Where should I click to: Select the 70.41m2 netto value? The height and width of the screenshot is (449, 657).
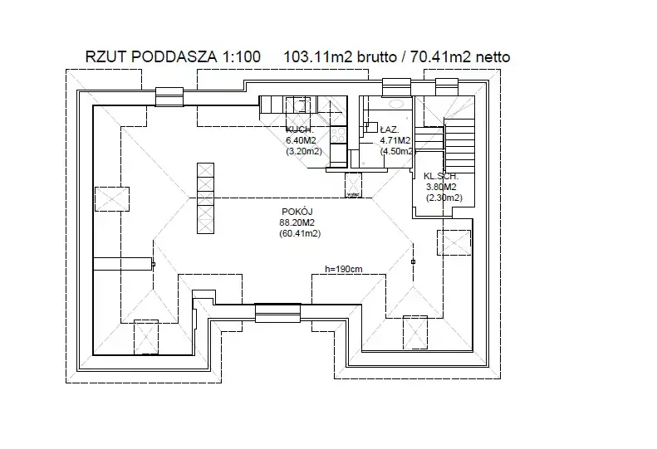click(x=456, y=57)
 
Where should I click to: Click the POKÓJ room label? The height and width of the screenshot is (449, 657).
click(x=297, y=212)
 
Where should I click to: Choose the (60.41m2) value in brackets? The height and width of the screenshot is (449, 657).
click(x=300, y=234)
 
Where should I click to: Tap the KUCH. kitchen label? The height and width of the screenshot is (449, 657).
click(x=299, y=130)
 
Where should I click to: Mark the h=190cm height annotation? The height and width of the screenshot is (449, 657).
click(x=344, y=269)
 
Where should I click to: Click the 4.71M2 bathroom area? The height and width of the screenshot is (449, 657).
click(x=395, y=141)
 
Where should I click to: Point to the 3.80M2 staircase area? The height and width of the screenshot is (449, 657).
click(x=443, y=187)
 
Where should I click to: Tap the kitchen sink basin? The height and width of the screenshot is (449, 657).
click(x=297, y=105)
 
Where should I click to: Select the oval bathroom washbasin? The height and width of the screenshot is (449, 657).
click(x=396, y=104)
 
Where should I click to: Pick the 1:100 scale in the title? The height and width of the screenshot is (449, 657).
click(x=240, y=57)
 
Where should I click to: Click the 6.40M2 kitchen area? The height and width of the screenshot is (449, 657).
click(x=299, y=141)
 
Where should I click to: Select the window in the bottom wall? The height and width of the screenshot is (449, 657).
click(x=277, y=313)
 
